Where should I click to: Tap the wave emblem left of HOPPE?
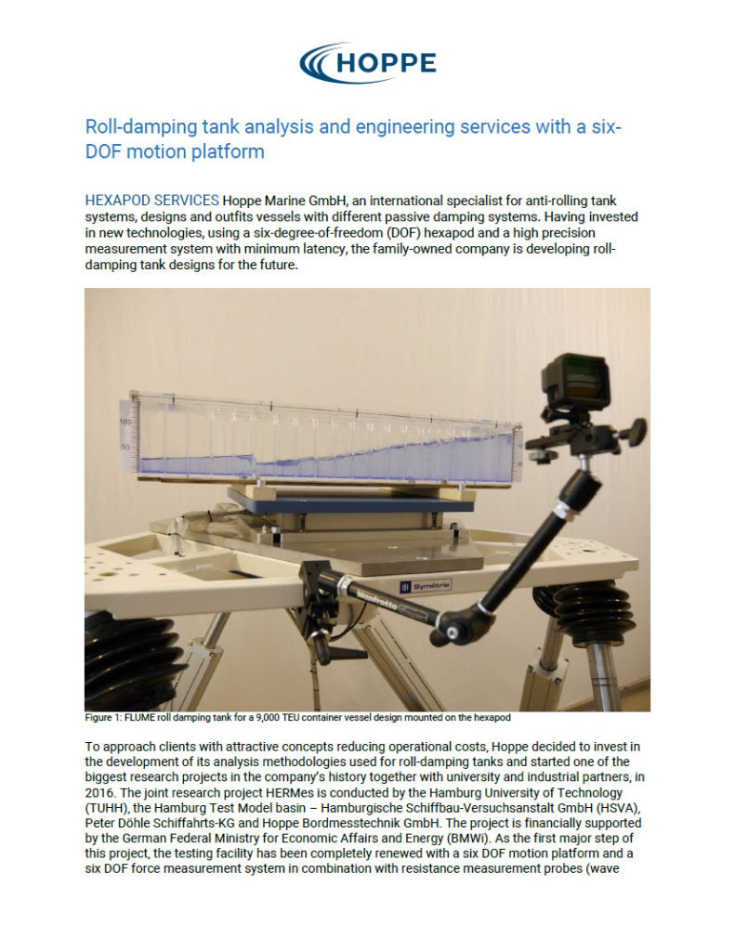(319, 62)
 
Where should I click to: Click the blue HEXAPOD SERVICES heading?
(151, 200)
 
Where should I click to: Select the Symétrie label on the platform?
(425, 585)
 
